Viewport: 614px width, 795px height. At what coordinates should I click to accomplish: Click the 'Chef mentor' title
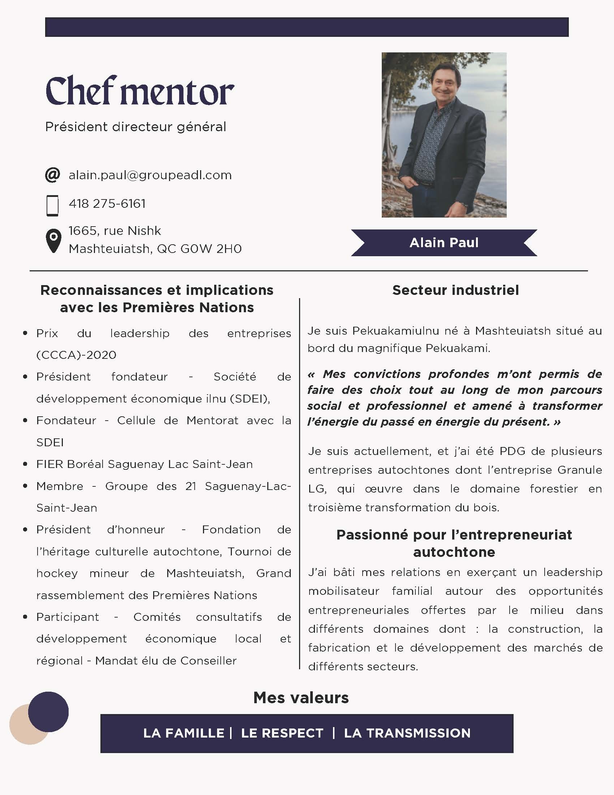(140, 91)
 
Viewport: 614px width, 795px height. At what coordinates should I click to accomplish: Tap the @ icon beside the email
(53, 175)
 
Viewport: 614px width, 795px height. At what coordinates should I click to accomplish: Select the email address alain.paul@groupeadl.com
(150, 175)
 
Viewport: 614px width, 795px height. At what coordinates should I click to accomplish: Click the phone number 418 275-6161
(107, 203)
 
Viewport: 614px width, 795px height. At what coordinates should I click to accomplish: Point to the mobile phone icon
(53, 206)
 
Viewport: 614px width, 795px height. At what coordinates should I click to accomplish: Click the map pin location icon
(53, 241)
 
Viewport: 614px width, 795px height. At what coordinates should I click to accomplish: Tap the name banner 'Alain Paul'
(444, 243)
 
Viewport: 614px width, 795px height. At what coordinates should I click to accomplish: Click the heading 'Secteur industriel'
(455, 290)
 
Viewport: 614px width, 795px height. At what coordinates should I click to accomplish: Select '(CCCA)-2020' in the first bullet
(76, 355)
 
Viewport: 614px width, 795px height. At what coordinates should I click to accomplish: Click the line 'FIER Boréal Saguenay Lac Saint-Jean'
(144, 464)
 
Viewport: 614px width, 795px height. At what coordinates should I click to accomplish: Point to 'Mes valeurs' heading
(301, 698)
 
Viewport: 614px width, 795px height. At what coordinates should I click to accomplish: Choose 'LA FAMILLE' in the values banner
(184, 733)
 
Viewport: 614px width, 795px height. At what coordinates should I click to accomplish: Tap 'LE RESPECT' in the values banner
(282, 733)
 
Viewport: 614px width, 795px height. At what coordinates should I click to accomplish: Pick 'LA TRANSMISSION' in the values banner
(407, 733)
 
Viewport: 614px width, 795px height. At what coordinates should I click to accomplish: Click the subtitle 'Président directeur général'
(136, 127)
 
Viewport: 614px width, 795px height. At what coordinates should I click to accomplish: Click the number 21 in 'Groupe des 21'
(191, 486)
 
